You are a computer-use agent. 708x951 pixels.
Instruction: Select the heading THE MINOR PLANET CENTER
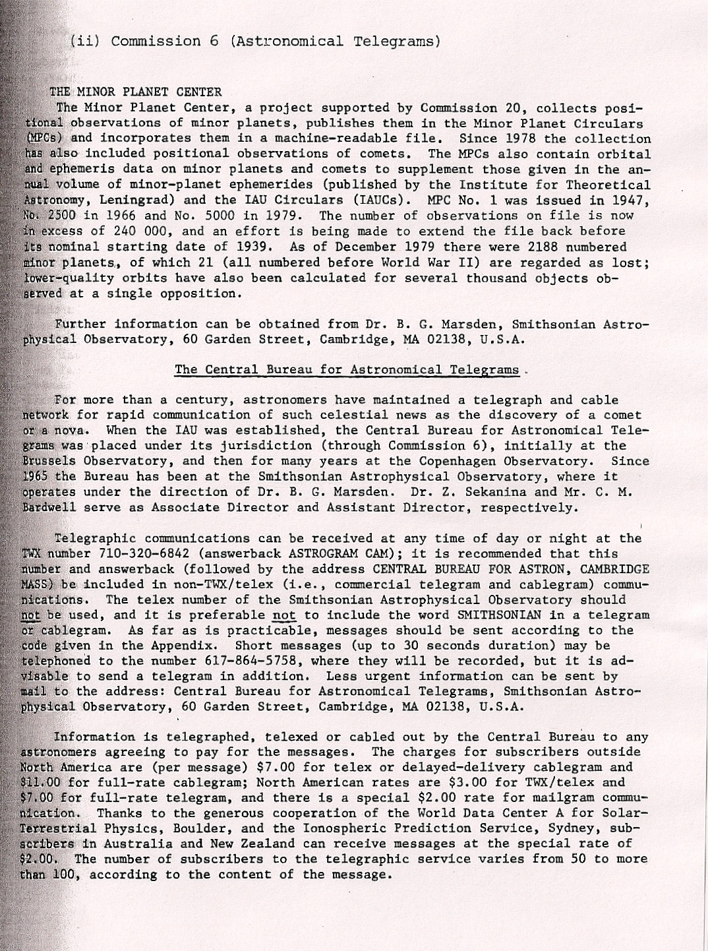coord(136,92)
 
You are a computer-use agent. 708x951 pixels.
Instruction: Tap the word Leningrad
coord(144,200)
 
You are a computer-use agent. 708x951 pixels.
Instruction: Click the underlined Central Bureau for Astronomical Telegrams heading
coord(347,369)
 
